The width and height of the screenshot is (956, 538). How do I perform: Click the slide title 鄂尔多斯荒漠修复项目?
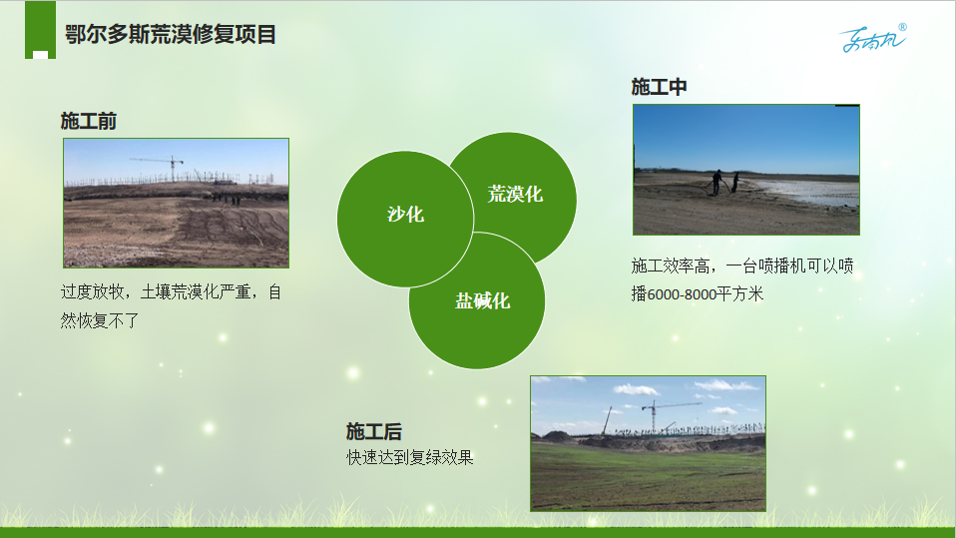(x=170, y=34)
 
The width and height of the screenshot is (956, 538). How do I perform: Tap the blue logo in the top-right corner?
(x=872, y=39)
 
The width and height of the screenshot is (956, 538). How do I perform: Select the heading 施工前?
(x=89, y=121)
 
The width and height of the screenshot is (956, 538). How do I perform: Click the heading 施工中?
(x=659, y=87)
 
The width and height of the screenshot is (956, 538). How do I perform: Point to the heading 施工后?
(x=374, y=431)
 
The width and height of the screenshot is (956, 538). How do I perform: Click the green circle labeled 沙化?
(x=405, y=219)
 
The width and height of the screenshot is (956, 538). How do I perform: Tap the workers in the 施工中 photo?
(x=724, y=182)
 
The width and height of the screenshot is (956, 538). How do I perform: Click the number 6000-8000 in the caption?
(x=682, y=294)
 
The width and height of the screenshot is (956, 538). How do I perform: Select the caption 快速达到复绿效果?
(x=410, y=457)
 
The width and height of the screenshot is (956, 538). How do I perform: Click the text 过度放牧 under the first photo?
(x=92, y=292)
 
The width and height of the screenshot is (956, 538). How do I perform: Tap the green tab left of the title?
(x=40, y=30)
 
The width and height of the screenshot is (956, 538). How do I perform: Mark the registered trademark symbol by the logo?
(x=902, y=27)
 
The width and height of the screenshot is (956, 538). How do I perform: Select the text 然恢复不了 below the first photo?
(x=100, y=320)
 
